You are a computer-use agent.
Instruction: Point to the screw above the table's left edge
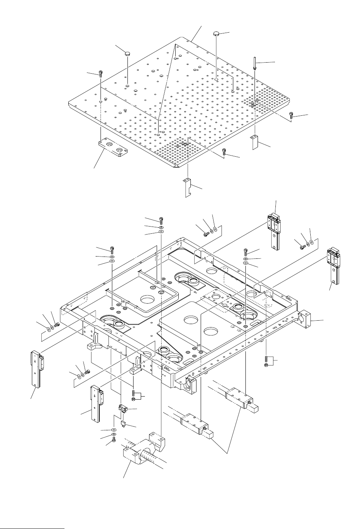click(x=101, y=73)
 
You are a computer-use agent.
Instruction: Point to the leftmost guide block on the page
click(x=35, y=368)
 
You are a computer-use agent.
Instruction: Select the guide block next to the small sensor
click(x=95, y=403)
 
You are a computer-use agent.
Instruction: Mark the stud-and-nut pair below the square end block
click(x=266, y=361)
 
